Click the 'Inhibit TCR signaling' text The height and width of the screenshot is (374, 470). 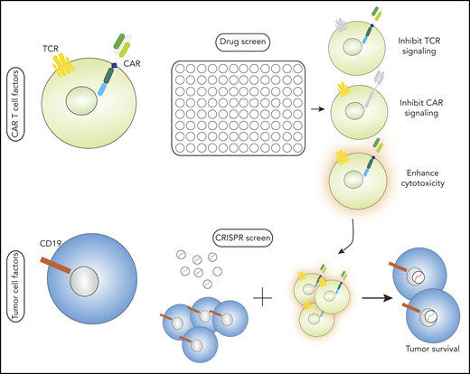418,42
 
